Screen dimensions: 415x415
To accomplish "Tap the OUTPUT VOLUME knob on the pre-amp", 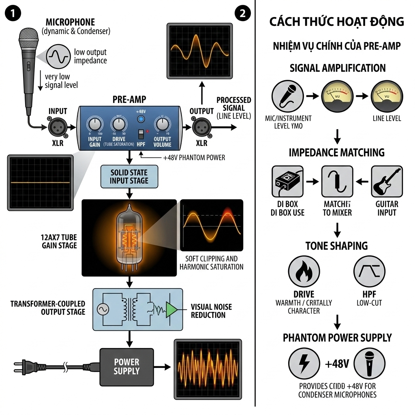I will click(x=162, y=124).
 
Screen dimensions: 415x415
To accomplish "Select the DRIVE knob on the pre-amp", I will click(x=118, y=124).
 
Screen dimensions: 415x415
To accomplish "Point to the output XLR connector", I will click(x=201, y=127).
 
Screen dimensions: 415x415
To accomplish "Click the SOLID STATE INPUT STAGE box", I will click(x=129, y=177).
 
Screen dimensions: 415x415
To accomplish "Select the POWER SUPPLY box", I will click(x=126, y=366).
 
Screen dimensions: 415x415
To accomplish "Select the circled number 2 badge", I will click(x=242, y=13).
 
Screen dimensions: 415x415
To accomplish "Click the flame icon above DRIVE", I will click(x=304, y=272).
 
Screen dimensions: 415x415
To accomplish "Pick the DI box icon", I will click(x=287, y=181).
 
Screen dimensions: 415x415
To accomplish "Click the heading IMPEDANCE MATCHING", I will click(x=336, y=152).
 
